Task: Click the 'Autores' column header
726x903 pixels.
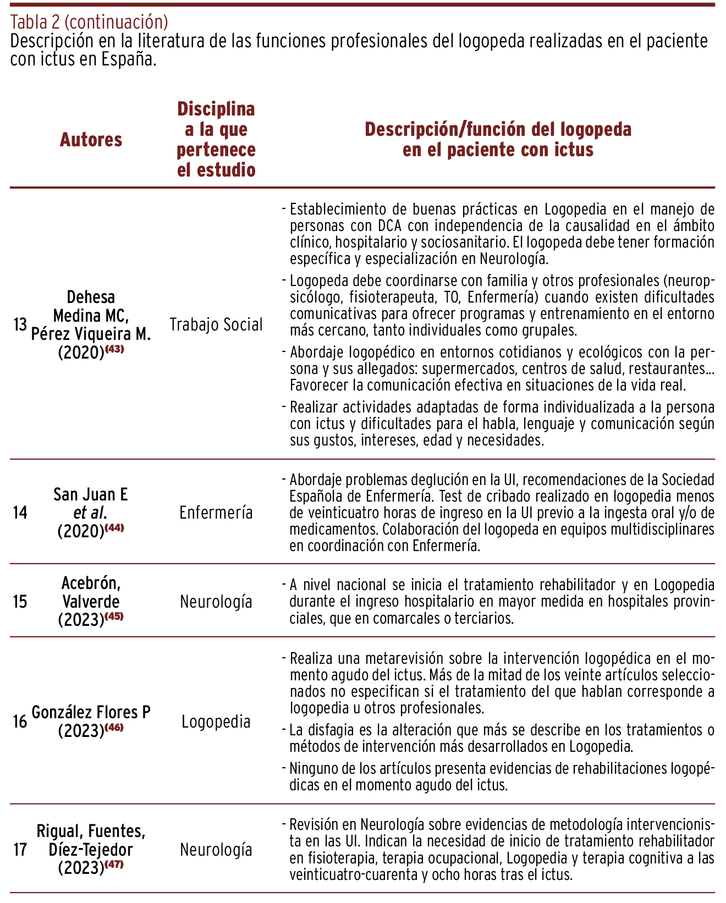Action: pyautogui.click(x=91, y=140)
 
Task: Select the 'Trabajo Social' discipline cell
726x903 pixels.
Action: pyautogui.click(x=216, y=325)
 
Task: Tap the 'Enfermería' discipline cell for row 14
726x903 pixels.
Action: pyautogui.click(x=216, y=513)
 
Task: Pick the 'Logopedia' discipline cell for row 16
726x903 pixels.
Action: pyautogui.click(x=216, y=722)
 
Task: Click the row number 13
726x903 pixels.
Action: pyautogui.click(x=20, y=325)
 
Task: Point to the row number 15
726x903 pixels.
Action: pyautogui.click(x=20, y=602)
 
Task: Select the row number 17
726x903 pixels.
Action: pyautogui.click(x=20, y=850)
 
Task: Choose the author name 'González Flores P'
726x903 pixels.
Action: pyautogui.click(x=91, y=713)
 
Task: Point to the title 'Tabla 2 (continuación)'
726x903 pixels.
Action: pyautogui.click(x=89, y=23)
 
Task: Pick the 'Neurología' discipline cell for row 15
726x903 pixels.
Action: pyautogui.click(x=216, y=602)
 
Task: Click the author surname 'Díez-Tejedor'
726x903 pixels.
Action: pyautogui.click(x=91, y=850)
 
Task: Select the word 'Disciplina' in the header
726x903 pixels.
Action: pyautogui.click(x=216, y=109)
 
